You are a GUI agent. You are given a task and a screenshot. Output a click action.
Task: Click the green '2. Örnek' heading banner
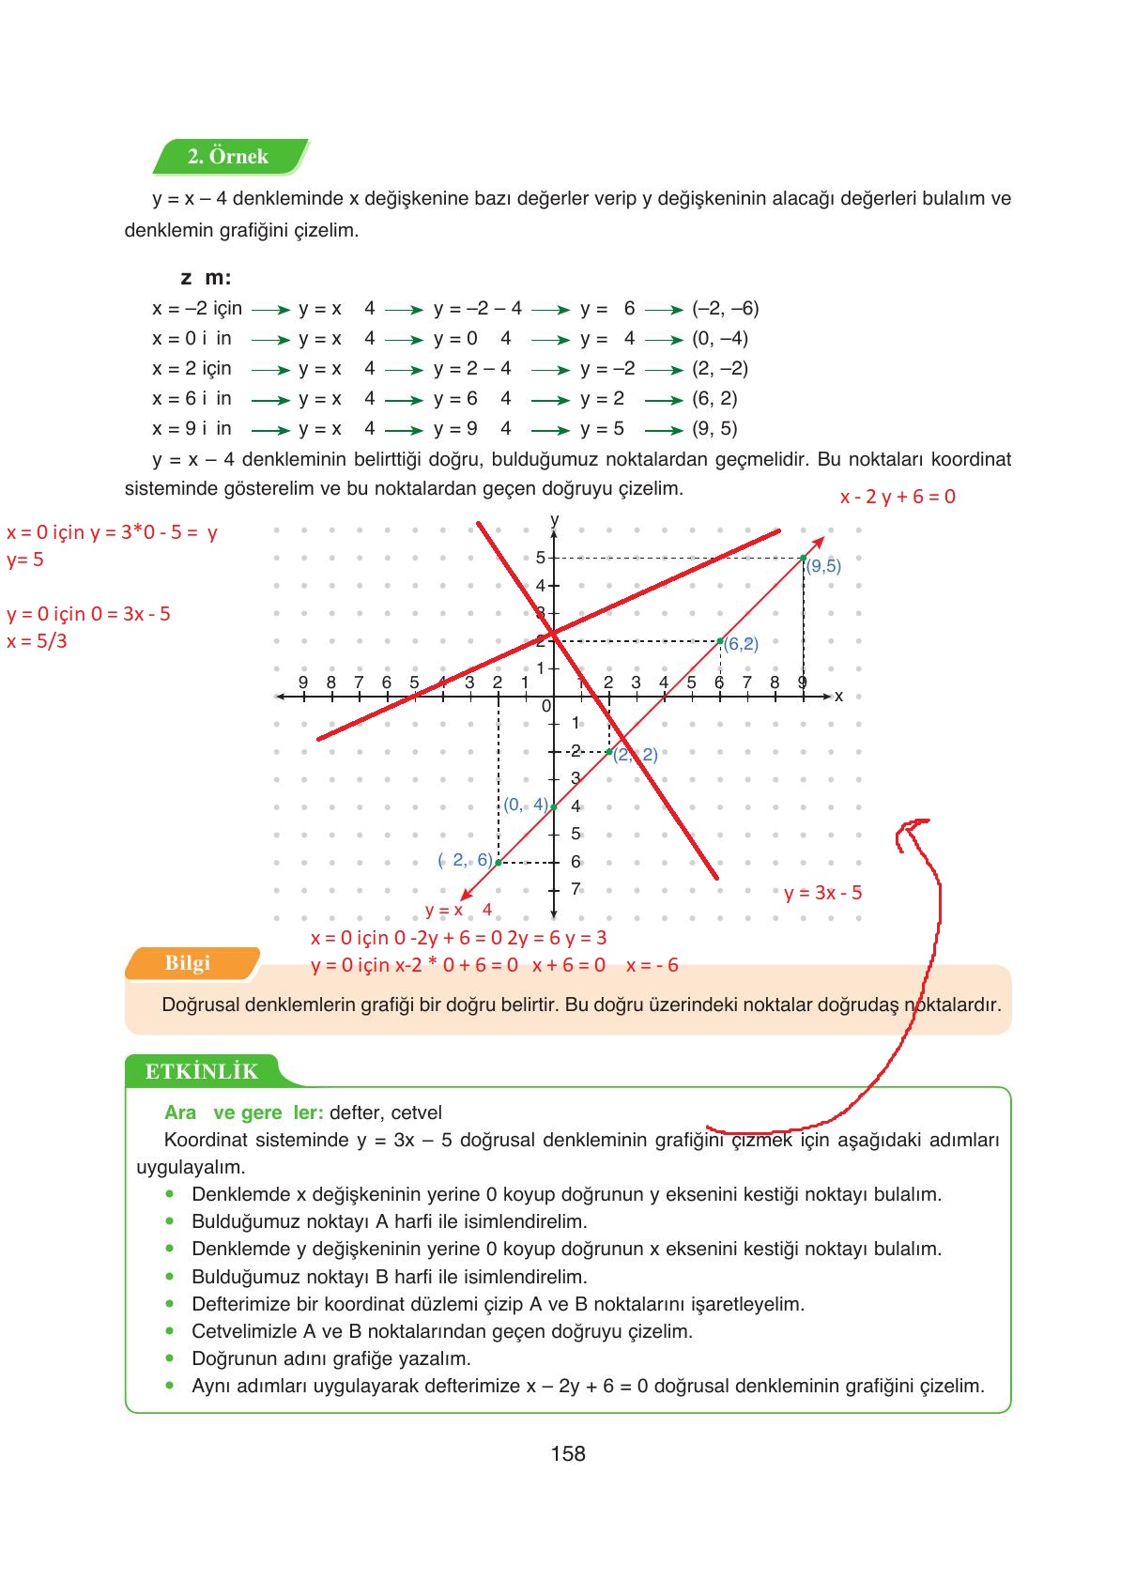coord(228,157)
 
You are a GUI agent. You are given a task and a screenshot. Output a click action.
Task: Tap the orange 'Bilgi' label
coord(188,963)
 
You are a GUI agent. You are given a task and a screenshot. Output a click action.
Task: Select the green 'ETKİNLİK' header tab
coord(201,1071)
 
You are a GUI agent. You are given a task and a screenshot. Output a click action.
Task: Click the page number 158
coord(568,1453)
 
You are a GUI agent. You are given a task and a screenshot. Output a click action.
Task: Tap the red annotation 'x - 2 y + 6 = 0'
coord(898,497)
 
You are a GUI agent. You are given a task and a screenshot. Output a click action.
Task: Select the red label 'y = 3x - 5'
coord(822,893)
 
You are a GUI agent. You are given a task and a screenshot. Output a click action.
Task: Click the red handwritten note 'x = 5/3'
coord(38,641)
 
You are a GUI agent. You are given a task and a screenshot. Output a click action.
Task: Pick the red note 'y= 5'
coord(25,560)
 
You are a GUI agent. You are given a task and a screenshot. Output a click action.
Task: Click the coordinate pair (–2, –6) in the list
coord(725,308)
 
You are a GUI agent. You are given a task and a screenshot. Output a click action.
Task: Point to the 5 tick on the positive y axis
coord(541,558)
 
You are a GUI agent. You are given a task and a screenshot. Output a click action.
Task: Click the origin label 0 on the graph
coord(546,706)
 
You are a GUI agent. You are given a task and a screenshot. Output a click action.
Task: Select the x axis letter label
coord(838,696)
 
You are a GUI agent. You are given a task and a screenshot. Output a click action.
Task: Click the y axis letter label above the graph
coord(554,519)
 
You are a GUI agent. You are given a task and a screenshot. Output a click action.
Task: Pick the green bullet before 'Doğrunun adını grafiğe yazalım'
coord(170,1358)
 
